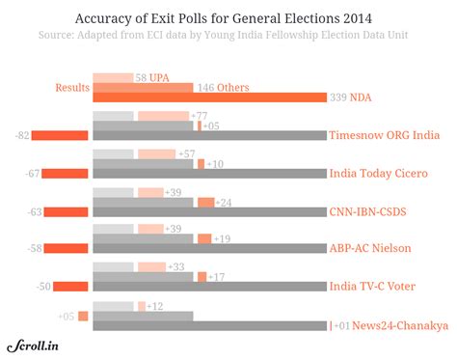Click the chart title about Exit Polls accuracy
tap(228, 18)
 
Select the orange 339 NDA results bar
tap(208, 97)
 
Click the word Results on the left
tap(70, 88)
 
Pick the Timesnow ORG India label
tap(384, 135)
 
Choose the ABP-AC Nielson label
tap(370, 248)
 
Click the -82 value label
tap(21, 135)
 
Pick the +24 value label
tap(225, 202)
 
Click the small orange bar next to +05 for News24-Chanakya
tap(83, 316)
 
